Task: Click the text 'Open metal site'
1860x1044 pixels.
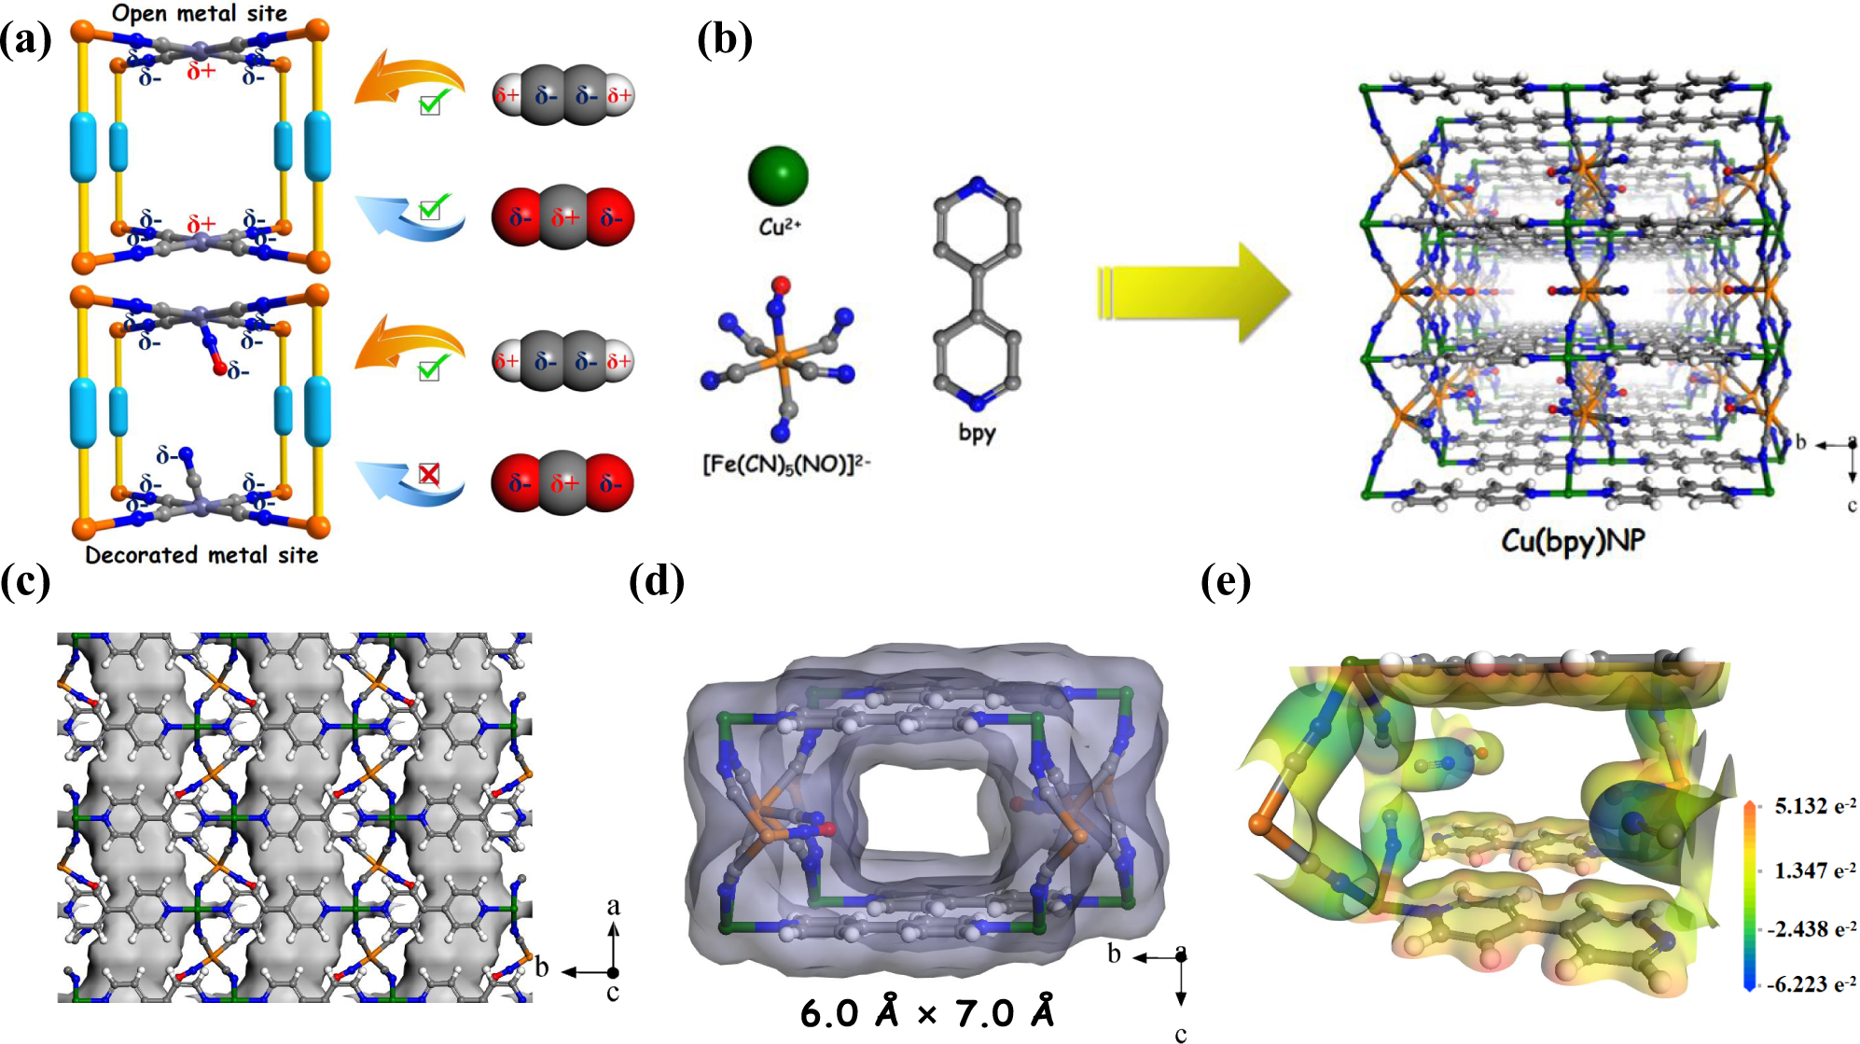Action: [x=200, y=13]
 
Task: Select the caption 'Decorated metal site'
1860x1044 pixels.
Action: [x=201, y=555]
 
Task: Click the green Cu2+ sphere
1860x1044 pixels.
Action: [x=778, y=175]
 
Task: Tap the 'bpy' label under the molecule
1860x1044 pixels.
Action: [x=977, y=432]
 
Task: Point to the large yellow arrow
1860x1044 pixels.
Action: [x=1194, y=292]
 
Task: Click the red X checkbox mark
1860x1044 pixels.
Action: [x=429, y=474]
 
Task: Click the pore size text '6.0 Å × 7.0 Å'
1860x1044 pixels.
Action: [x=927, y=1013]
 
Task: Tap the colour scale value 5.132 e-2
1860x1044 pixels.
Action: [x=1814, y=806]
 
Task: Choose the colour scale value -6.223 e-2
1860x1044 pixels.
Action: [x=1811, y=983]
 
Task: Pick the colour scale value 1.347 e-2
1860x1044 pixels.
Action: [x=1814, y=870]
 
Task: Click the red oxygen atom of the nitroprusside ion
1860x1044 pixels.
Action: [x=782, y=285]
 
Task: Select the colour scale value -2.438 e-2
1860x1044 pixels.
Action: [x=1811, y=929]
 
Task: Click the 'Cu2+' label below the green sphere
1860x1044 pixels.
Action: [x=779, y=227]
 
